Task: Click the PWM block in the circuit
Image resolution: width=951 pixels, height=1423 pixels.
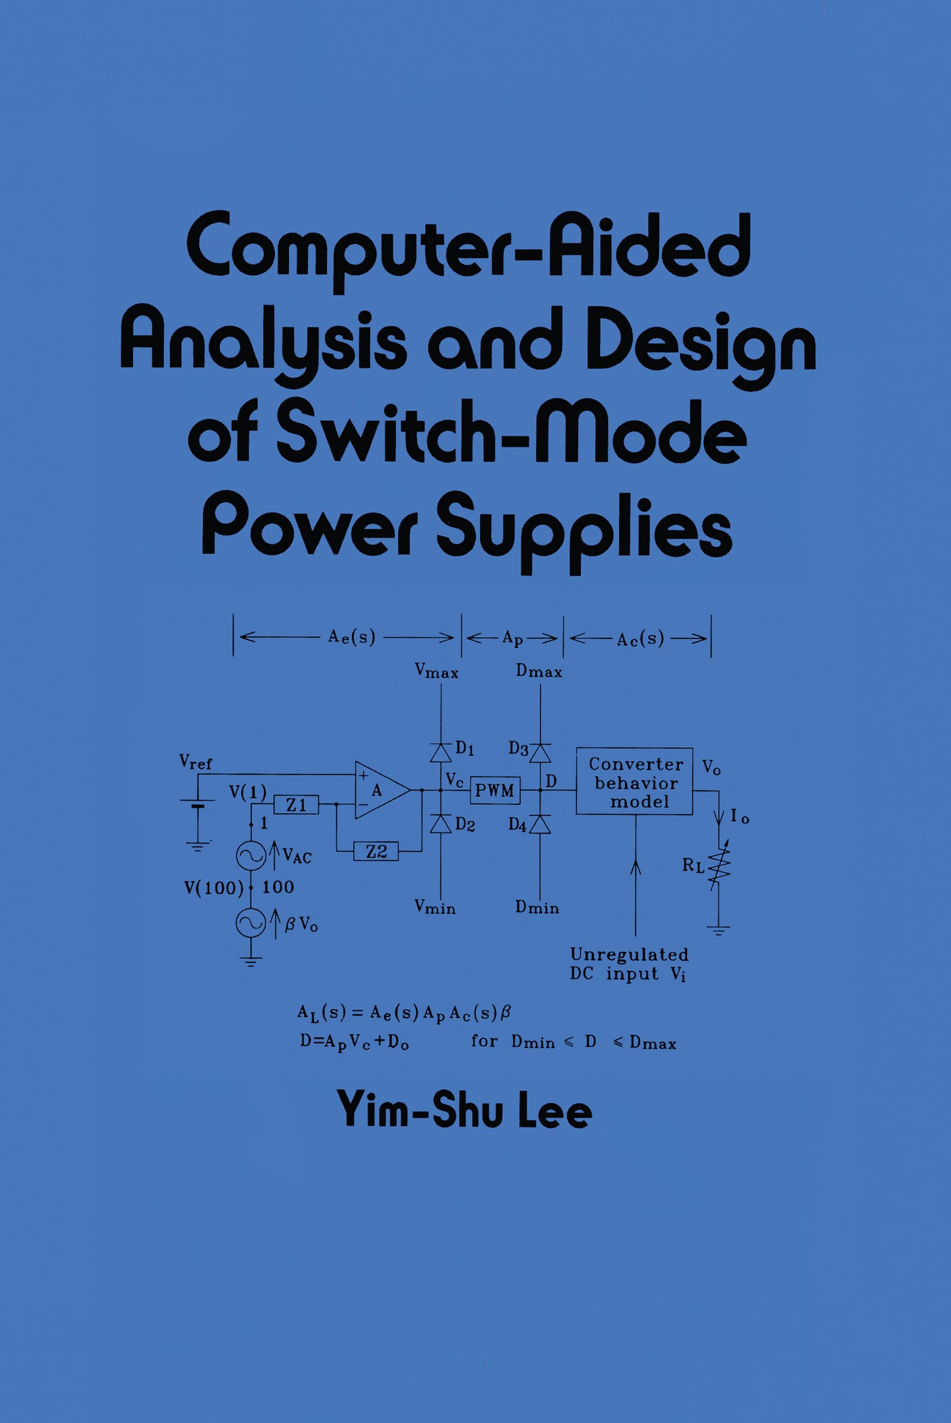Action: point(495,791)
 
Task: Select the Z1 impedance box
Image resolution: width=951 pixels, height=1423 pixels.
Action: point(296,805)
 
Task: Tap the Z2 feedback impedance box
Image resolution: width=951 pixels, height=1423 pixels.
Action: point(376,852)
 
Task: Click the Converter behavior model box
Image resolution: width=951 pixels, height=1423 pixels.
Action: point(634,781)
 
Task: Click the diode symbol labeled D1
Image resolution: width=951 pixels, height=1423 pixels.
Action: point(441,752)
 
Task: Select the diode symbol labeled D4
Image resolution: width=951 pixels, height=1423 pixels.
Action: point(540,824)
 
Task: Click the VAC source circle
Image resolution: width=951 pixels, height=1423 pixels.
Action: point(250,855)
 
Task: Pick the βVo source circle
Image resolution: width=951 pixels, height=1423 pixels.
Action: point(250,923)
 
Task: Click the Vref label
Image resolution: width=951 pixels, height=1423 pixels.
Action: point(196,762)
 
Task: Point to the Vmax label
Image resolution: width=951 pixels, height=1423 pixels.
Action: point(436,671)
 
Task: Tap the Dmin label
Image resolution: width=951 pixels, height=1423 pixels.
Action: point(537,908)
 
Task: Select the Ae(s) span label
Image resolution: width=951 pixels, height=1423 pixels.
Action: point(352,637)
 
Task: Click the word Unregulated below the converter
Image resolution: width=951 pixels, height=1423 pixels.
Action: point(629,955)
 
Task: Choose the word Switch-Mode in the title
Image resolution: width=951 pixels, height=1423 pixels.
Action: point(512,432)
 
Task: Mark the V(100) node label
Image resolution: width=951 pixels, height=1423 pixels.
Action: point(213,888)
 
